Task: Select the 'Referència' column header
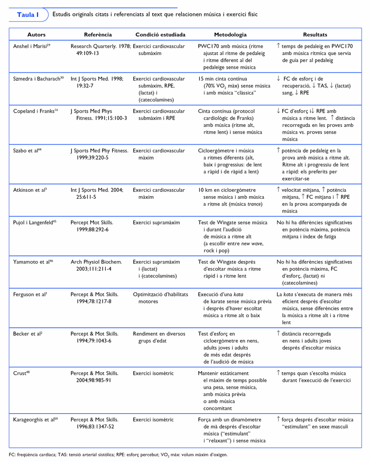point(97,34)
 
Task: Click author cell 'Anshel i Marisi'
point(31,47)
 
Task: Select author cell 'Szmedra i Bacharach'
point(38,78)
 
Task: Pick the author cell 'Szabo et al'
point(27,151)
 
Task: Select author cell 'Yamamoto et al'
point(32,261)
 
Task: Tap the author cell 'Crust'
point(21,373)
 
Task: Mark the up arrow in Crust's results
point(279,372)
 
